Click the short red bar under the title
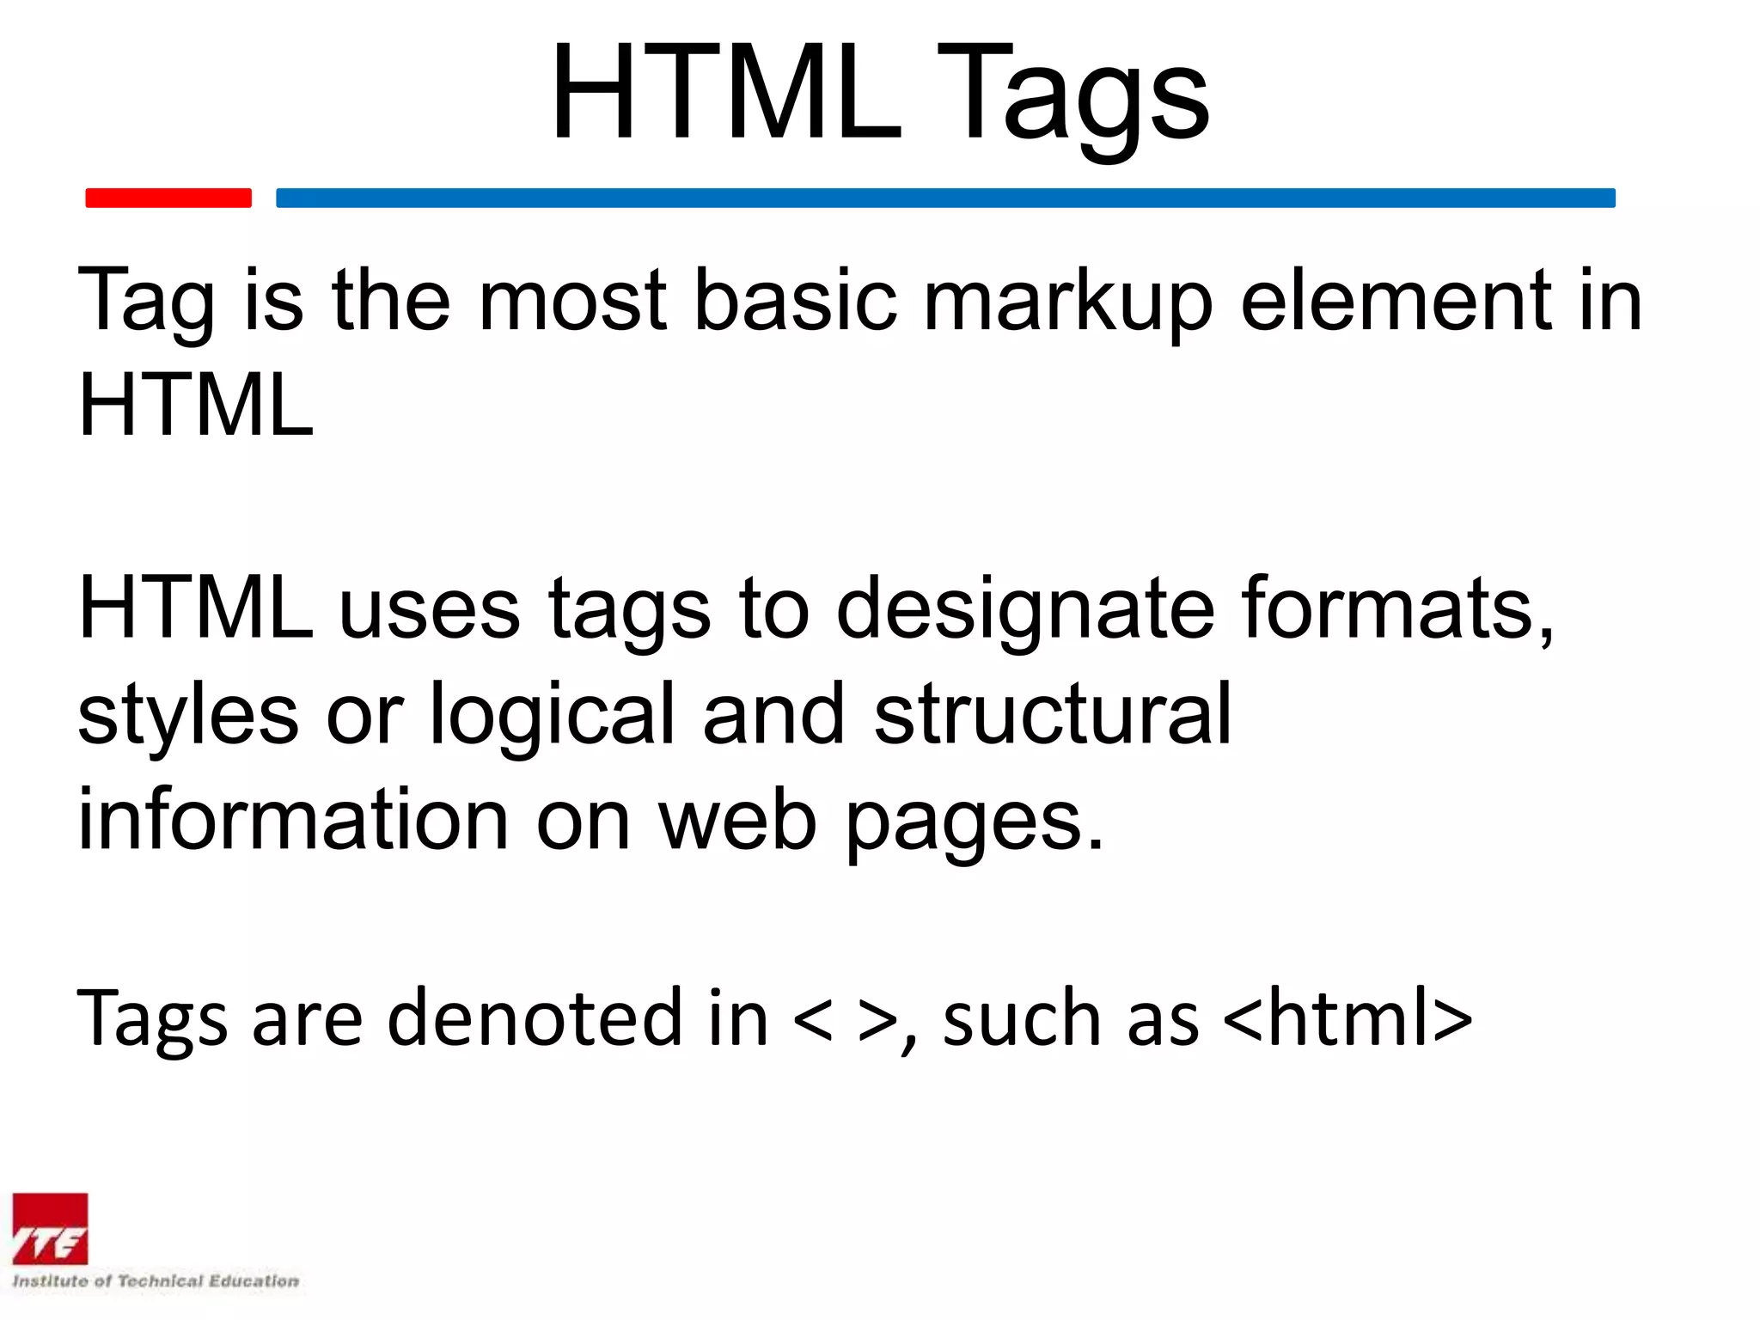click(168, 198)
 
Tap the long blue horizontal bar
click(945, 198)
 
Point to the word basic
click(795, 301)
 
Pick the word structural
click(1053, 713)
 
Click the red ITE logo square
click(50, 1229)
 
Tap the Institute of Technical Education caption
click(156, 1281)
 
